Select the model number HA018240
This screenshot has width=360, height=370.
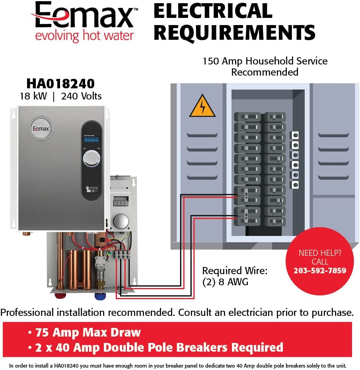(x=60, y=84)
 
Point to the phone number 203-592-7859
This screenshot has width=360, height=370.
(x=320, y=271)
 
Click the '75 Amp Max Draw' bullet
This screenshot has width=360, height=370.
(x=88, y=333)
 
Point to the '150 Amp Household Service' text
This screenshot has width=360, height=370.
(x=265, y=61)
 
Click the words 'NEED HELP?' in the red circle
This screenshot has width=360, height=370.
(x=320, y=253)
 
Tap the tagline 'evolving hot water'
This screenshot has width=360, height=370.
(x=84, y=36)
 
